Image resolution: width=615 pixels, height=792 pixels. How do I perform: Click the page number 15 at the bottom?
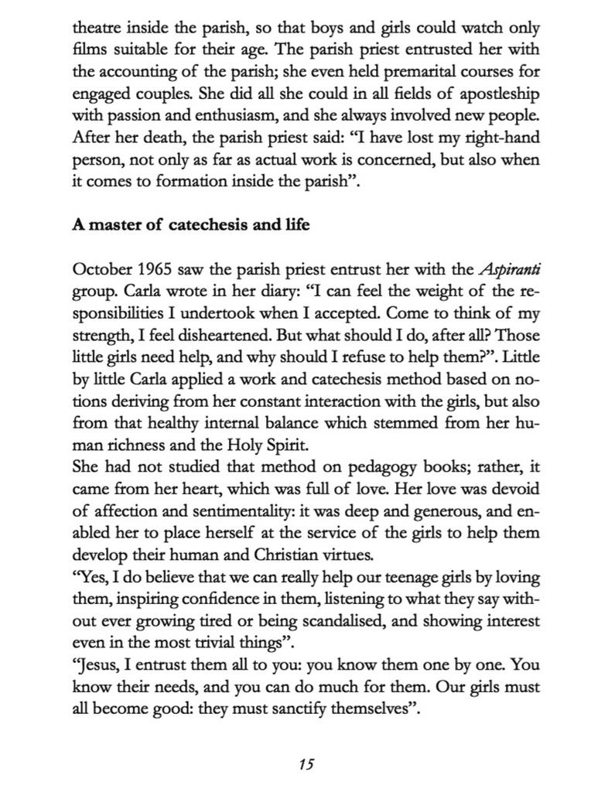click(306, 764)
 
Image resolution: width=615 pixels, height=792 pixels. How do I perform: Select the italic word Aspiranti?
click(509, 270)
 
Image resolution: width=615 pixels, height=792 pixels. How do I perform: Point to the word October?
click(102, 270)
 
